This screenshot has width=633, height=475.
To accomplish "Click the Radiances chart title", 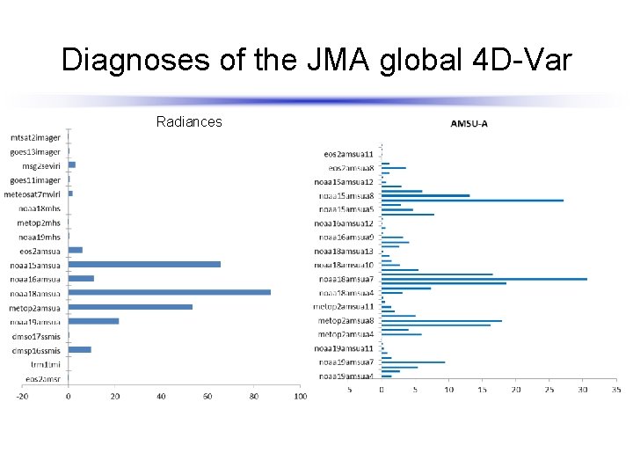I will (x=189, y=121).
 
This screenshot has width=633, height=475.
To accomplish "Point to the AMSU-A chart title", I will (x=469, y=123).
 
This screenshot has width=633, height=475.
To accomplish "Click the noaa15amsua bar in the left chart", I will (x=144, y=264).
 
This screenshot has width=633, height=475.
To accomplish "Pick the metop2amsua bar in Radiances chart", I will (x=130, y=307).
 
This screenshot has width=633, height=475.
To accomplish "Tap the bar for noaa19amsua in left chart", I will (x=93, y=321).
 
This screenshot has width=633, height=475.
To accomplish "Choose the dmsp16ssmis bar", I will (x=79, y=349).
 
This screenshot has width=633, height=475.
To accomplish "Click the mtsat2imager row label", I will (x=35, y=137).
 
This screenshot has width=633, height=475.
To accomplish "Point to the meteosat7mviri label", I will (x=33, y=194).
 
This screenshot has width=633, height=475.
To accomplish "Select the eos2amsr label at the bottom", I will (x=43, y=378).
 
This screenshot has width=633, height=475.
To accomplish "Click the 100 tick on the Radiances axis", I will (x=300, y=397).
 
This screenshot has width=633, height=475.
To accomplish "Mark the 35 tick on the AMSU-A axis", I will (x=615, y=389).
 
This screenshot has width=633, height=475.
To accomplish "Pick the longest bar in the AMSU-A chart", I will (x=484, y=279).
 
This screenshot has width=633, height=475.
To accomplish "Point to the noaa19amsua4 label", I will (x=346, y=376).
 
